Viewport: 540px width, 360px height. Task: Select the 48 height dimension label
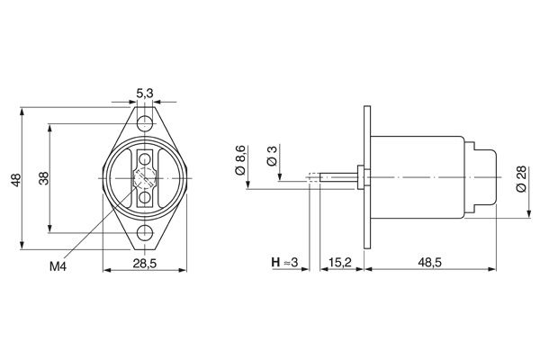click(14, 181)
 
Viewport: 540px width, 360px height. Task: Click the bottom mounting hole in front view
click(144, 233)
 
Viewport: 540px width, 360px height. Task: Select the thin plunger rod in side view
click(337, 177)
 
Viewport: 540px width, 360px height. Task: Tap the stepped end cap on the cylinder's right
click(484, 177)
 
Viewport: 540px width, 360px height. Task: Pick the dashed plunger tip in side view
click(313, 177)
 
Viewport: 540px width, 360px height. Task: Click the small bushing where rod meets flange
click(359, 177)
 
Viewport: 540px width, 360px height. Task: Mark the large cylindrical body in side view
click(418, 177)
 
